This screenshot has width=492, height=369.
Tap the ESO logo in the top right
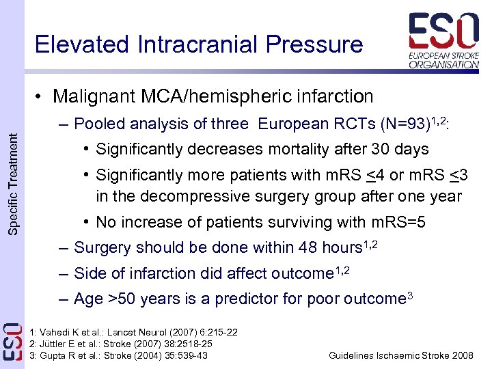pos(443,41)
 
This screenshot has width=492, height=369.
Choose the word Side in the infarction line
pos(89,273)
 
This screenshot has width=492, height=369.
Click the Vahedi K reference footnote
pos(134,332)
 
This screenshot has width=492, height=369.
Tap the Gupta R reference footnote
pos(119,355)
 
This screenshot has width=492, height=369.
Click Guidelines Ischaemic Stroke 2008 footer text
pos(400,355)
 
